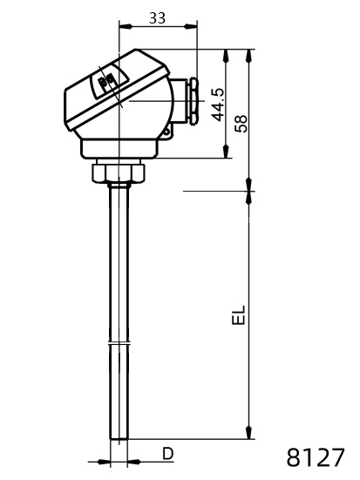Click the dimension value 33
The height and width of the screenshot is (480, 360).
[158, 18]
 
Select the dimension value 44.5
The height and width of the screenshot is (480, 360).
[219, 105]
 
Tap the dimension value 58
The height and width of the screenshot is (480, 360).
[241, 124]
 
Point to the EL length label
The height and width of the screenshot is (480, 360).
[239, 314]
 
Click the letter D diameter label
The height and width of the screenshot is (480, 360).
[167, 454]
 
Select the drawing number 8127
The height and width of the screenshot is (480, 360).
[316, 457]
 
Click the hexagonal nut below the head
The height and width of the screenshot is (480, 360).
[119, 173]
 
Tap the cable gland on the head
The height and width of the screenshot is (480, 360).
[194, 101]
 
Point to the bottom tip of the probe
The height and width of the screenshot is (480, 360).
[119, 439]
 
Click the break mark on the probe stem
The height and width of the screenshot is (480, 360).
[119, 343]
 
